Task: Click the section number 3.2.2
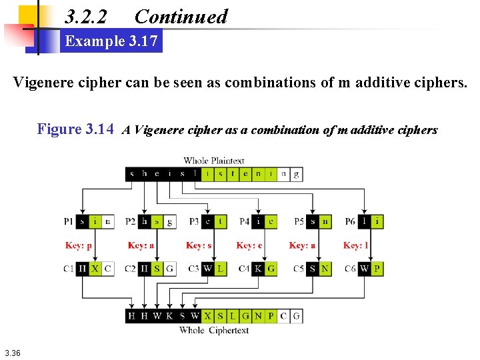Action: [86, 17]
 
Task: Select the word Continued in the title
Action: [181, 17]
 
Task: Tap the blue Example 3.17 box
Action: [111, 41]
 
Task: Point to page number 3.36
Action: [12, 353]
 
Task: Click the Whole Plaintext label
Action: [214, 161]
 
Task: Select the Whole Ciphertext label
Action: [214, 330]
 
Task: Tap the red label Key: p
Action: [79, 245]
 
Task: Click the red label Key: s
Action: [199, 245]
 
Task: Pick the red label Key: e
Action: [249, 245]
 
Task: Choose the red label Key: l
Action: [356, 245]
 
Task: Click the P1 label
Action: [69, 221]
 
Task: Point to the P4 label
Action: [245, 221]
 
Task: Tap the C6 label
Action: [351, 269]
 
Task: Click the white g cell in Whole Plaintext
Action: [297, 174]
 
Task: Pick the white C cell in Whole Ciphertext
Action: [284, 316]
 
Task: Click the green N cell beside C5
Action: [325, 269]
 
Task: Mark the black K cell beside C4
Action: [258, 269]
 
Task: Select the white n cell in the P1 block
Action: [107, 221]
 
